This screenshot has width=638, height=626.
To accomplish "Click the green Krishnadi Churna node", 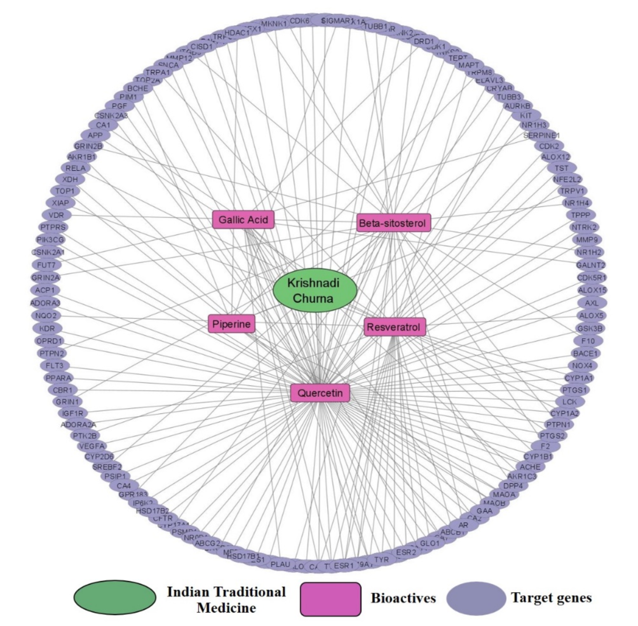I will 315,291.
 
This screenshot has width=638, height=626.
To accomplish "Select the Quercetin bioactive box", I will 320,393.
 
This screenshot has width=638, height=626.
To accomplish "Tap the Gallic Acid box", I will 243,220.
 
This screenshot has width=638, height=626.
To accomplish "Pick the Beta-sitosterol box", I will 393,223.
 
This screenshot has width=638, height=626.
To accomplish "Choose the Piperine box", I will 231,324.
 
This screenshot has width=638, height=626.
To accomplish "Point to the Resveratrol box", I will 394,327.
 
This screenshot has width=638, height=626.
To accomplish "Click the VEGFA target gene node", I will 92,446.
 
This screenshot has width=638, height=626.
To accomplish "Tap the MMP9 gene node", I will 587,240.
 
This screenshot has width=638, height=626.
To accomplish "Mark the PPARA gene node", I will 58,378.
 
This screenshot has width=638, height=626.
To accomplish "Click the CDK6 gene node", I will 299,21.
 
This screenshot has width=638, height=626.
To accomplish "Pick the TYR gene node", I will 381,559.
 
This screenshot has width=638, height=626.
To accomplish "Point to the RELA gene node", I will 75,168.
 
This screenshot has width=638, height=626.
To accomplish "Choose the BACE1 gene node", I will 585,353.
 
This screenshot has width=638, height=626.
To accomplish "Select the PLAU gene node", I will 280,564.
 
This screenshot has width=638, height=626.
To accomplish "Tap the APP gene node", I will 95,135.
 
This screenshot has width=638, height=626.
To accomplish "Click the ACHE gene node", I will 530,467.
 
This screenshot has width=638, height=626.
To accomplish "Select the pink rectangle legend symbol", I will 330,598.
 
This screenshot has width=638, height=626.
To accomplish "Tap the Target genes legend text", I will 551,598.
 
